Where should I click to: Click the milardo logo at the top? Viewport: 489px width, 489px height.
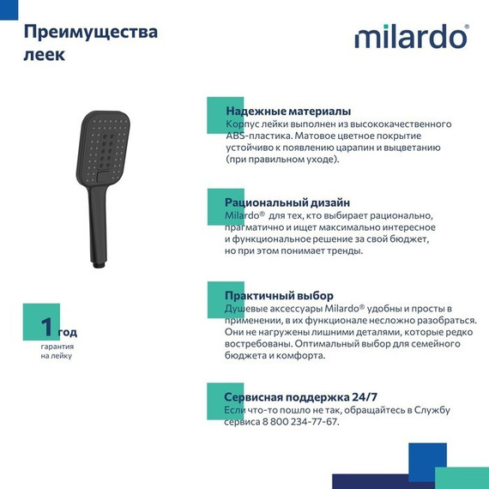click(x=411, y=38)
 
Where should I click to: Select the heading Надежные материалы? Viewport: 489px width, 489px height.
click(x=287, y=112)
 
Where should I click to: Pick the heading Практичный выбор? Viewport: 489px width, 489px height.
click(x=279, y=295)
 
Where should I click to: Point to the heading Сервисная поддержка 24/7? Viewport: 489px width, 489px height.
click(x=300, y=397)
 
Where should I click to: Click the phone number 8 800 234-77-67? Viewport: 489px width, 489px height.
click(x=297, y=422)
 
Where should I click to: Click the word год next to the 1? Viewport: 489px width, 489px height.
click(x=68, y=331)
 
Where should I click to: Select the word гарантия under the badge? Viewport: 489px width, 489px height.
click(x=57, y=346)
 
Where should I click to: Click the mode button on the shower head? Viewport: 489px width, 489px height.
click(x=105, y=177)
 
